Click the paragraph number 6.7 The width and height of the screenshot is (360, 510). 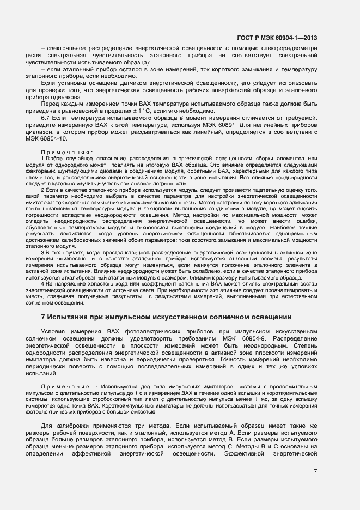pos(47,118)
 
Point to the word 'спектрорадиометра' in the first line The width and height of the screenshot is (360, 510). pos(284,48)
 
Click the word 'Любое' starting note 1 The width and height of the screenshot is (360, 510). pos(54,158)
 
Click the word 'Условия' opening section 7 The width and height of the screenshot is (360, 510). pos(55,332)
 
